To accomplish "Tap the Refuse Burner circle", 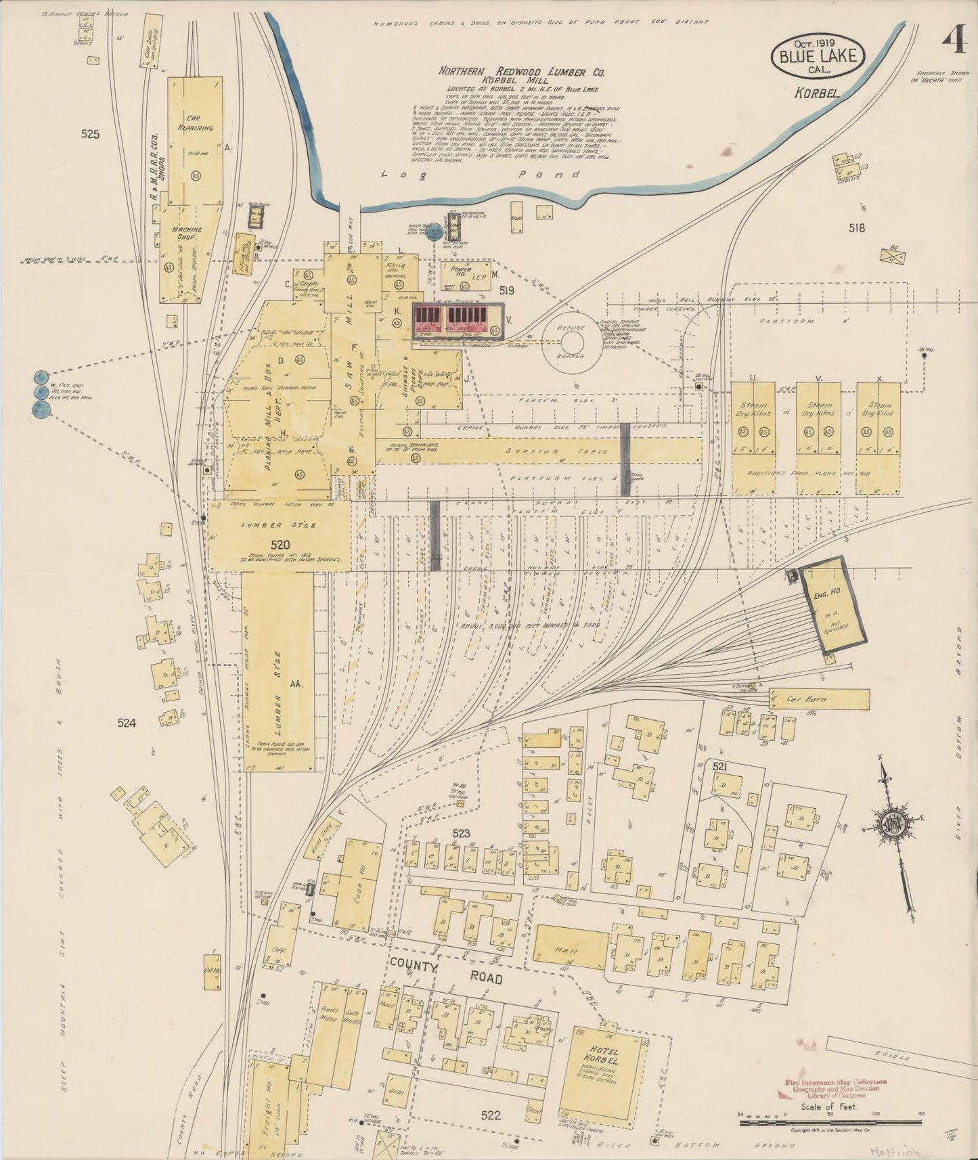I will tap(572, 341).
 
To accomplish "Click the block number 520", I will tap(280, 545).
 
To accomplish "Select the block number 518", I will tap(856, 228).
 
